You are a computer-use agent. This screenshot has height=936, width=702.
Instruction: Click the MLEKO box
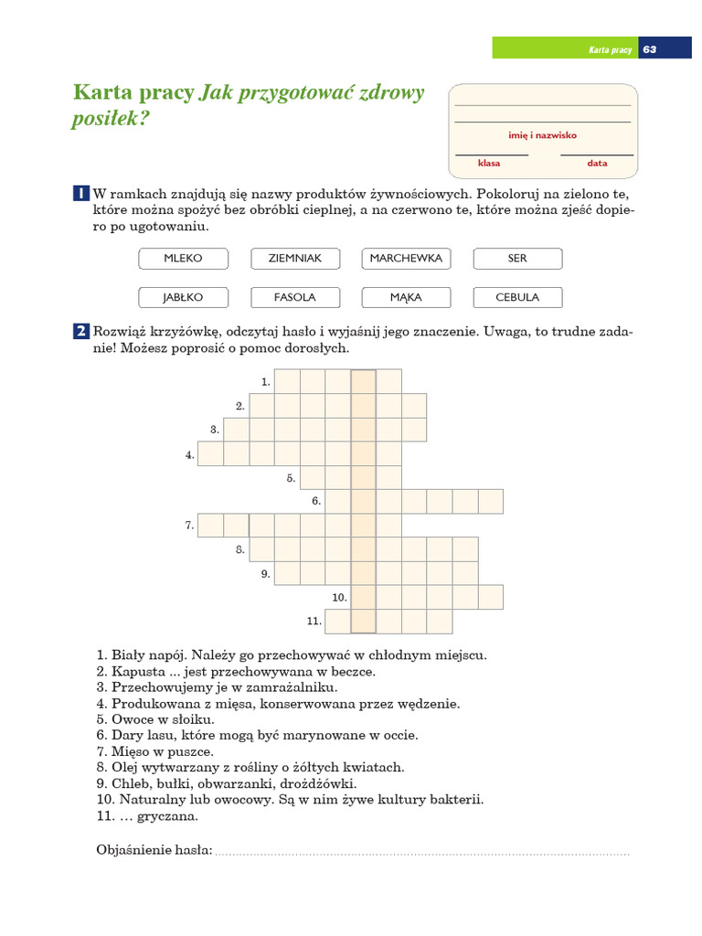tap(183, 259)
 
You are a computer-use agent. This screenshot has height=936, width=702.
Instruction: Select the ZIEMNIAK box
tap(294, 259)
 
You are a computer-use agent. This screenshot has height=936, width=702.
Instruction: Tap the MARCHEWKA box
tap(406, 259)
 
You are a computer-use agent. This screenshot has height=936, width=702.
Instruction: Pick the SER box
tap(517, 259)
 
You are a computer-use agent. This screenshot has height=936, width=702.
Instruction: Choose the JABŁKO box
tap(183, 297)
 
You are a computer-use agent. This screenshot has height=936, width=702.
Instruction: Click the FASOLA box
tap(294, 297)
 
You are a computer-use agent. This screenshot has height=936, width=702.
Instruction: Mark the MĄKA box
tap(406, 297)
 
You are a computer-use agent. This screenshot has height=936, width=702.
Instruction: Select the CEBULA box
tap(517, 297)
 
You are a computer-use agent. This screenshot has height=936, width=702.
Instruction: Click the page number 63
tap(650, 49)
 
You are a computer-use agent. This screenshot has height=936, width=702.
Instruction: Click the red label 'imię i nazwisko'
tap(542, 135)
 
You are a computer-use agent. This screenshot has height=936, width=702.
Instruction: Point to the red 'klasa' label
tap(489, 164)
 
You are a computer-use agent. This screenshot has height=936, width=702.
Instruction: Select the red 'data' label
tap(597, 164)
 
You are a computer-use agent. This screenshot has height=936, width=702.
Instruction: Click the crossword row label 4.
tap(190, 454)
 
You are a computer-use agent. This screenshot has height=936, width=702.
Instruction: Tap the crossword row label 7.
tap(189, 526)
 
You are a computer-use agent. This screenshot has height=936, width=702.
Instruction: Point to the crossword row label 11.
tap(314, 622)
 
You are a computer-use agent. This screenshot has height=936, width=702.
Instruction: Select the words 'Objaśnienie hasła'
tap(154, 851)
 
